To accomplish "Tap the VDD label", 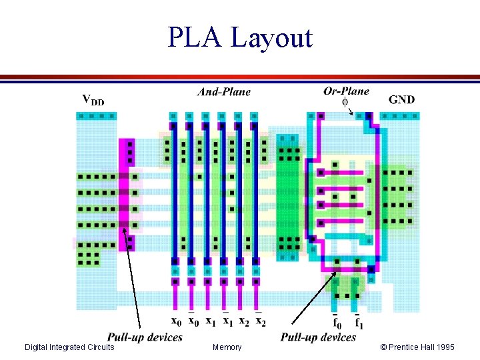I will (93, 100).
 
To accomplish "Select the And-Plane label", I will (224, 92).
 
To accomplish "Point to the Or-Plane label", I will (346, 91).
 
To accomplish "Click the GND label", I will (401, 100).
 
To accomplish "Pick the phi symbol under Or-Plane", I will (345, 102).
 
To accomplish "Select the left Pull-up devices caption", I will (145, 337).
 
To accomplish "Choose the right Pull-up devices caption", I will (318, 337).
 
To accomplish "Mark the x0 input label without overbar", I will (176, 321).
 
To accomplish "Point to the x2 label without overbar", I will (243, 321).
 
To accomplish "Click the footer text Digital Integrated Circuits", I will (69, 347).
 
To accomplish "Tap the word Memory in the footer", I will (227, 347).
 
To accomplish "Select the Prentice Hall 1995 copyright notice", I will (417, 347).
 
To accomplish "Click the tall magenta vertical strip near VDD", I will (126, 193).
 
